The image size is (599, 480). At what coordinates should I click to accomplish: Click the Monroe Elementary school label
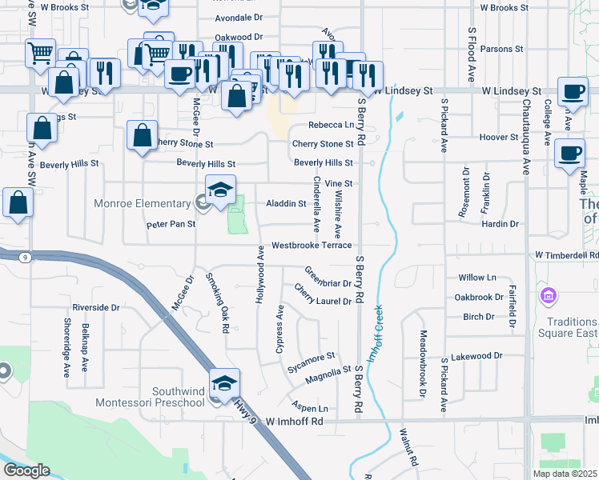(144, 203)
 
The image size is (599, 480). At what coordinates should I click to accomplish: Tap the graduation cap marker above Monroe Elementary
(220, 190)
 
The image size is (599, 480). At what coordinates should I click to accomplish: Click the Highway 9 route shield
(26, 257)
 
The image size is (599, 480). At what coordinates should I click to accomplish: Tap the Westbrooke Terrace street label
(312, 245)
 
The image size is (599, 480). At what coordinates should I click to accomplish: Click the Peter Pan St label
(171, 225)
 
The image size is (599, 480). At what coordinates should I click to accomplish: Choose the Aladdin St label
(286, 204)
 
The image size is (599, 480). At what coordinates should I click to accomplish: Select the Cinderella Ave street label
(316, 204)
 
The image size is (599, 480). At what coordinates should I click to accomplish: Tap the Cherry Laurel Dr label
(323, 294)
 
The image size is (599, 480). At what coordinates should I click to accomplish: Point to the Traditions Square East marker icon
(549, 298)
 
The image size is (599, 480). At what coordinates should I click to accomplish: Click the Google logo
(26, 470)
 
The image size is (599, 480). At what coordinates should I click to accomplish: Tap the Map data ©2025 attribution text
(565, 474)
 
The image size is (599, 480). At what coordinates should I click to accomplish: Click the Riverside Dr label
(95, 307)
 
